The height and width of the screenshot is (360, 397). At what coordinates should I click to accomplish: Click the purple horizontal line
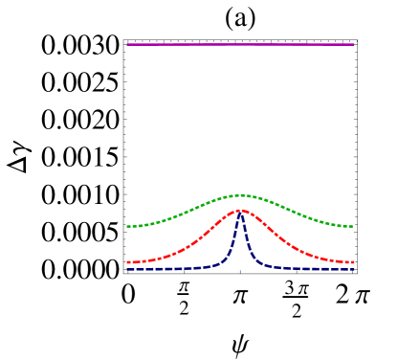[x=191, y=44]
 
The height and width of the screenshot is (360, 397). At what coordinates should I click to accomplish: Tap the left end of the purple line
[x=127, y=44]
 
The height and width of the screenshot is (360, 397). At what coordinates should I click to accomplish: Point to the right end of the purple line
[x=353, y=44]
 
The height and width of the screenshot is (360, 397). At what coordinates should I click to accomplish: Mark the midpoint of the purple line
[x=240, y=44]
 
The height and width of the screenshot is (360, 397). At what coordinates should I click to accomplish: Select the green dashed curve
[x=182, y=211]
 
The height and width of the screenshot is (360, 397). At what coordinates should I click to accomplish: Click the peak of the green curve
[x=240, y=195]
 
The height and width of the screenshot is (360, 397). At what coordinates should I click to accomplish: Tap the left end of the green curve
[x=127, y=227]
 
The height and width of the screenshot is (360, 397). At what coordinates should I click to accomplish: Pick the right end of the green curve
[x=353, y=227]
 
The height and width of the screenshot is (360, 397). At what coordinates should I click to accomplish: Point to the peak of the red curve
[x=240, y=210]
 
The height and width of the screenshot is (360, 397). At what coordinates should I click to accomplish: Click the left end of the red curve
[x=127, y=262]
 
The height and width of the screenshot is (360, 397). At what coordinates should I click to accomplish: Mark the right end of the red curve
[x=353, y=262]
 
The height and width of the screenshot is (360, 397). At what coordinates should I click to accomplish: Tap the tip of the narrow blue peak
[x=240, y=214]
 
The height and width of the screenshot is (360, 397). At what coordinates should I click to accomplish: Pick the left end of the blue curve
[x=127, y=270]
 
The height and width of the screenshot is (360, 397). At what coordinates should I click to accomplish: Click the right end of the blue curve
[x=353, y=270]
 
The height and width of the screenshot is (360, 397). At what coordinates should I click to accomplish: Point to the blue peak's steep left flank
[x=234, y=239]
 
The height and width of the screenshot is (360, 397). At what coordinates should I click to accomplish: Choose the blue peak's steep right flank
[x=246, y=239]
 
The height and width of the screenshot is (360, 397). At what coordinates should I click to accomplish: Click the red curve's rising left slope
[x=206, y=233]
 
